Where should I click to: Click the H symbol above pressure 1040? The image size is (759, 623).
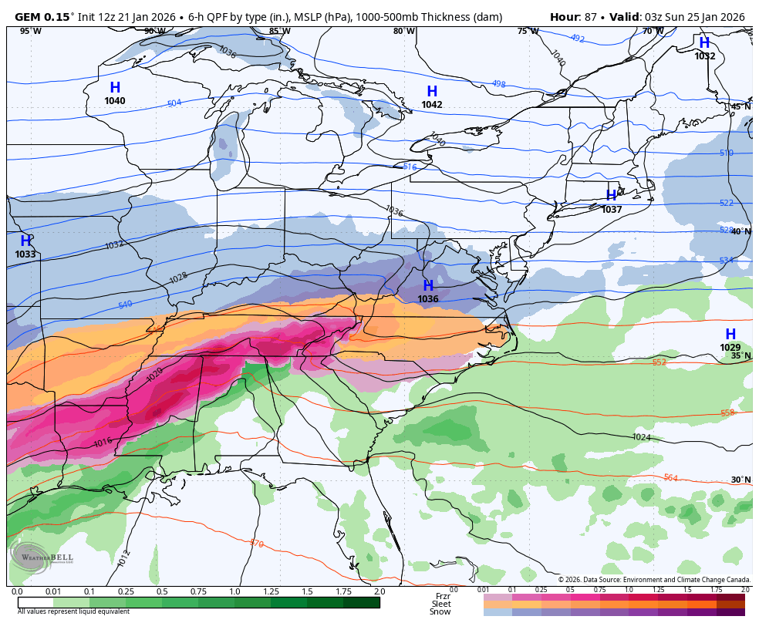pyautogui.click(x=115, y=88)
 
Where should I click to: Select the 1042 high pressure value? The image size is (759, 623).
pyautogui.click(x=432, y=105)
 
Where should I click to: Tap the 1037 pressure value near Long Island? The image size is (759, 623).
pyautogui.click(x=612, y=210)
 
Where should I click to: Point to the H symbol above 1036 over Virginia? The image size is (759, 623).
pyautogui.click(x=428, y=286)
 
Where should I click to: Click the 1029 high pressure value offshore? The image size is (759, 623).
pyautogui.click(x=730, y=348)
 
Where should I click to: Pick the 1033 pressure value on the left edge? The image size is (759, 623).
pyautogui.click(x=25, y=254)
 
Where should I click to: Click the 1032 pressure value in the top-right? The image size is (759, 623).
pyautogui.click(x=704, y=56)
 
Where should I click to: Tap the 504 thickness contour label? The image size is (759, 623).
pyautogui.click(x=174, y=103)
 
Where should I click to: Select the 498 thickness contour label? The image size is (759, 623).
pyautogui.click(x=498, y=84)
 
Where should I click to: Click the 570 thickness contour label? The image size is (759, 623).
pyautogui.click(x=257, y=544)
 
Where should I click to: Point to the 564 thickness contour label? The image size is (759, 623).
pyautogui.click(x=670, y=478)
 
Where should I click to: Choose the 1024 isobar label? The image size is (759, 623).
pyautogui.click(x=641, y=437)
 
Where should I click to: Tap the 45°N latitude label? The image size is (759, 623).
pyautogui.click(x=740, y=106)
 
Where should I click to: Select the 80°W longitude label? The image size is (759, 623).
pyautogui.click(x=403, y=32)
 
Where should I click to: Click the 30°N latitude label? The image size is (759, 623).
pyautogui.click(x=740, y=480)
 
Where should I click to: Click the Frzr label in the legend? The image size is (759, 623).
pyautogui.click(x=442, y=596)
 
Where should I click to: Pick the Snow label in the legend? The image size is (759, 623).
pyautogui.click(x=440, y=611)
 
